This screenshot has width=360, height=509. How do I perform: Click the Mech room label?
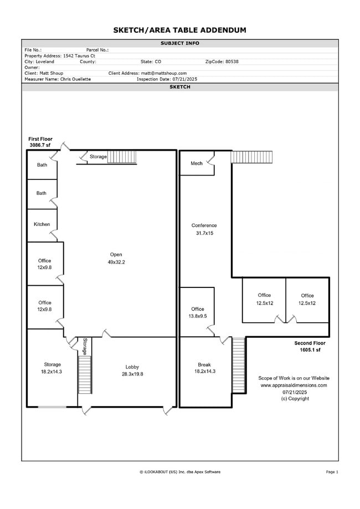pyautogui.click(x=197, y=163)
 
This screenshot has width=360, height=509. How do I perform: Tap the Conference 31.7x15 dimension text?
pyautogui.click(x=204, y=233)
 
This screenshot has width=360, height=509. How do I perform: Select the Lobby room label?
pyautogui.click(x=132, y=367)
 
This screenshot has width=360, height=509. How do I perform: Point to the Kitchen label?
pyautogui.click(x=42, y=224)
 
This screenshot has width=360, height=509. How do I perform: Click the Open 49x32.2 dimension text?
pyautogui.click(x=116, y=263)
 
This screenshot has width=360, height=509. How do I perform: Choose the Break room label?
pyautogui.click(x=204, y=364)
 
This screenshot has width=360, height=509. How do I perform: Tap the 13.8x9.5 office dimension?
pyautogui.click(x=198, y=316)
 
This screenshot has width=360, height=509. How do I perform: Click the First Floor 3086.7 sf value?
pyautogui.click(x=40, y=145)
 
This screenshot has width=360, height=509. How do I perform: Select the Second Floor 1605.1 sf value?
pyautogui.click(x=310, y=350)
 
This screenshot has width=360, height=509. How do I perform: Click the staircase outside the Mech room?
pyautogui.click(x=251, y=157)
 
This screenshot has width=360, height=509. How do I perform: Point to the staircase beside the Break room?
pyautogui.click(x=239, y=366)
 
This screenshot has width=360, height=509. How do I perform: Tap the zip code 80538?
pyautogui.click(x=232, y=61)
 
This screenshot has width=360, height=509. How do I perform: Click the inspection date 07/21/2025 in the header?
pyautogui.click(x=184, y=79)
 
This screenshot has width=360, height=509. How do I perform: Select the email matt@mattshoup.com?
pyautogui.click(x=164, y=73)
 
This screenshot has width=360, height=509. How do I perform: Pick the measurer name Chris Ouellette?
pyautogui.click(x=76, y=79)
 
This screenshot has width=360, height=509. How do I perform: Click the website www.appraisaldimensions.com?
pyautogui.click(x=294, y=385)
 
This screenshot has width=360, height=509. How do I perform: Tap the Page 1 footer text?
pyautogui.click(x=332, y=472)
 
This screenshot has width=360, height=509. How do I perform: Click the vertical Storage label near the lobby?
pyautogui.click(x=85, y=346)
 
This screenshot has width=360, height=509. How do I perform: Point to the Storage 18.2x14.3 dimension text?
pyautogui.click(x=52, y=372)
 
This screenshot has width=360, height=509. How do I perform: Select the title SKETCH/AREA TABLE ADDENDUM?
pyautogui.click(x=180, y=30)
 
